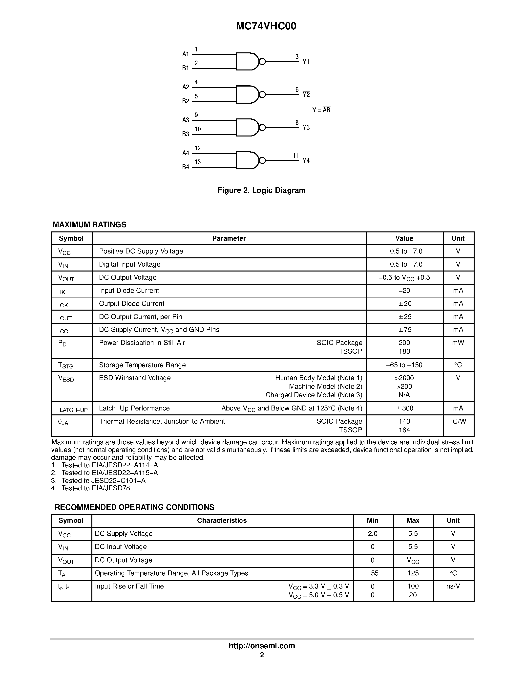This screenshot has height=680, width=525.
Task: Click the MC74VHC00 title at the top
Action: pos(266,26)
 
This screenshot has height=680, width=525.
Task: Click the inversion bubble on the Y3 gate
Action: pos(262,127)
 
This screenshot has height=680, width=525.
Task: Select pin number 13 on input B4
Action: pos(198,162)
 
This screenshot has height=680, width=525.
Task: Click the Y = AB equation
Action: pos(321,110)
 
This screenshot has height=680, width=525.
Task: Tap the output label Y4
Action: pos(306,160)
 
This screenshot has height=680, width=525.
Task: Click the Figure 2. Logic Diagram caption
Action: pos(261,190)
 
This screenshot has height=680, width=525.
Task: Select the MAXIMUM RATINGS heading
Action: pos(90,225)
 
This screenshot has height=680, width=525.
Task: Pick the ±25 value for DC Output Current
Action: pos(405,317)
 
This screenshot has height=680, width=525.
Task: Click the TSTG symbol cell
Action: pos(66,365)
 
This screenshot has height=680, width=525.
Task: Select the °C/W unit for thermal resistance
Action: pos(458,421)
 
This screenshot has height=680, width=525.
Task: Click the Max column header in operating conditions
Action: pos(413,521)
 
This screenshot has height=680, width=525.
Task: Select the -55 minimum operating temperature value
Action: pos(373,573)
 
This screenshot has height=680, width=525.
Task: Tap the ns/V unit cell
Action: pos(453,586)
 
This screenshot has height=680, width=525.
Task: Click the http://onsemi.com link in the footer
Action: pos(262,646)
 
